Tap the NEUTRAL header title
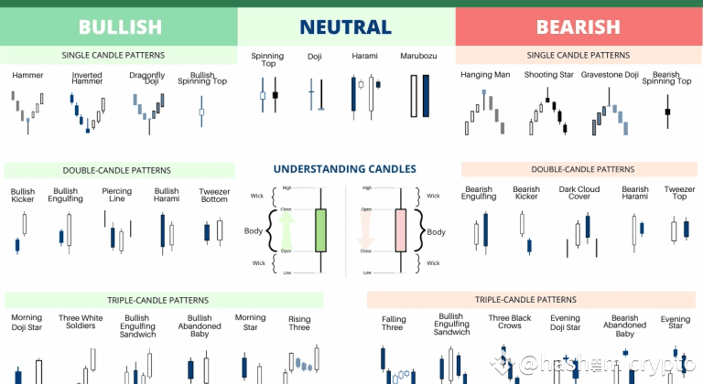pyautogui.click(x=346, y=27)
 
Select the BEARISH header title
pyautogui.click(x=579, y=27)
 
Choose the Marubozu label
pyautogui.click(x=416, y=57)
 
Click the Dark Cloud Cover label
pyautogui.click(x=580, y=194)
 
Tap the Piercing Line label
pyautogui.click(x=117, y=195)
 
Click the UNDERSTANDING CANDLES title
pyautogui.click(x=344, y=169)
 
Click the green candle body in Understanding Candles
pyautogui.click(x=319, y=230)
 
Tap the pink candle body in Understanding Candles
pyautogui.click(x=399, y=230)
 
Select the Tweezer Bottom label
pyautogui.click(x=214, y=195)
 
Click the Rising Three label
pyautogui.click(x=299, y=323)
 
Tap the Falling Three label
pyautogui.click(x=393, y=323)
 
